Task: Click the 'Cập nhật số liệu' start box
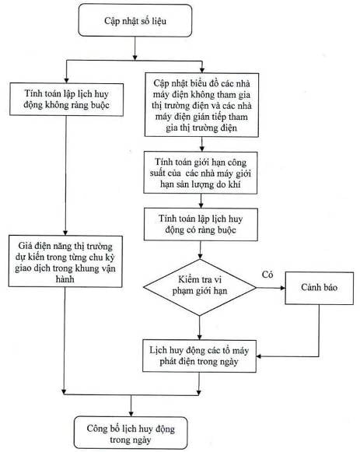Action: [135, 20]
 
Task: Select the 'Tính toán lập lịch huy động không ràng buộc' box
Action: [67, 100]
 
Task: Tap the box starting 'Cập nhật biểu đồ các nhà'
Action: [201, 105]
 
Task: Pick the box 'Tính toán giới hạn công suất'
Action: [201, 173]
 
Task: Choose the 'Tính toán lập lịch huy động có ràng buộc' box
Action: [201, 224]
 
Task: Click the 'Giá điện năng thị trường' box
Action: [65, 261]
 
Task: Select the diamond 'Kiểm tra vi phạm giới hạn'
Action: [200, 287]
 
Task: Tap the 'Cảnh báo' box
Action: [319, 288]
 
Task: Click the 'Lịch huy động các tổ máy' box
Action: [199, 356]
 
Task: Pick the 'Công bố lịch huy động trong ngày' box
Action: [131, 433]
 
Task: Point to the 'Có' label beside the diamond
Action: [267, 275]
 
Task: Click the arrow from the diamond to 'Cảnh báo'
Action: [271, 288]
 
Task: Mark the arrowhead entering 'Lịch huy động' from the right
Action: [259, 356]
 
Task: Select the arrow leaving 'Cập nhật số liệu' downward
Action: [135, 48]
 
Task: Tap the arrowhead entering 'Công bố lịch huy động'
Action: [131, 414]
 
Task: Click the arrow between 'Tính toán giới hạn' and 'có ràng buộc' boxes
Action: [201, 201]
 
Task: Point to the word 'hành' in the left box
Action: [65, 279]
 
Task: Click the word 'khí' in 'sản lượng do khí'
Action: [235, 184]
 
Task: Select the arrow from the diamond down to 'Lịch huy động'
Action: [200, 328]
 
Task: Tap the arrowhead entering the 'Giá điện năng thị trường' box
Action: [65, 233]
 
